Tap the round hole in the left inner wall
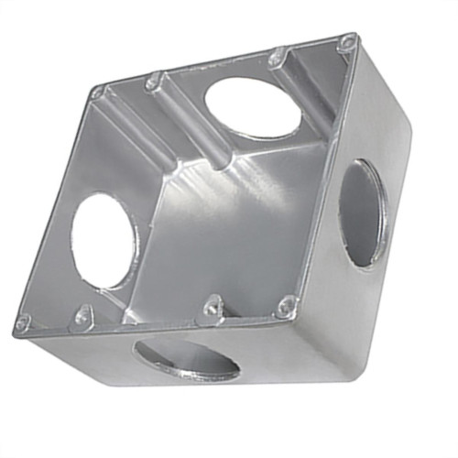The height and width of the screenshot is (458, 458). tap(104, 240)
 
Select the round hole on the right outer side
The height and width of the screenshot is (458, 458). tap(363, 213)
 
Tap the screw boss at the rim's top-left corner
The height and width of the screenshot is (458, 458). tap(97, 92)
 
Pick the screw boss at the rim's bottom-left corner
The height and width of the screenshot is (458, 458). tap(23, 323)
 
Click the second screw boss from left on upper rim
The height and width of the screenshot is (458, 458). tap(153, 82)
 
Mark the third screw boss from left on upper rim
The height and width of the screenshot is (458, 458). tap(278, 58)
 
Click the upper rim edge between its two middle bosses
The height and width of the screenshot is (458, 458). tap(215, 68)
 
